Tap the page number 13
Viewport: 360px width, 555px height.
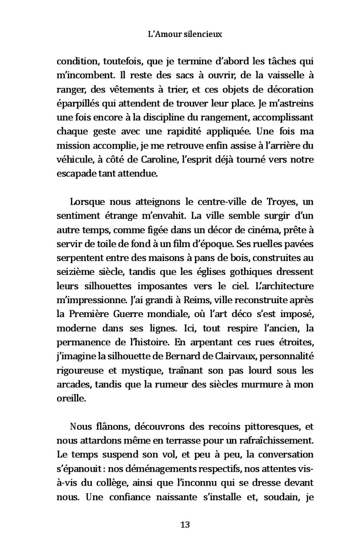tap(185, 525)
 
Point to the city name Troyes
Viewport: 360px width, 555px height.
tap(272, 200)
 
